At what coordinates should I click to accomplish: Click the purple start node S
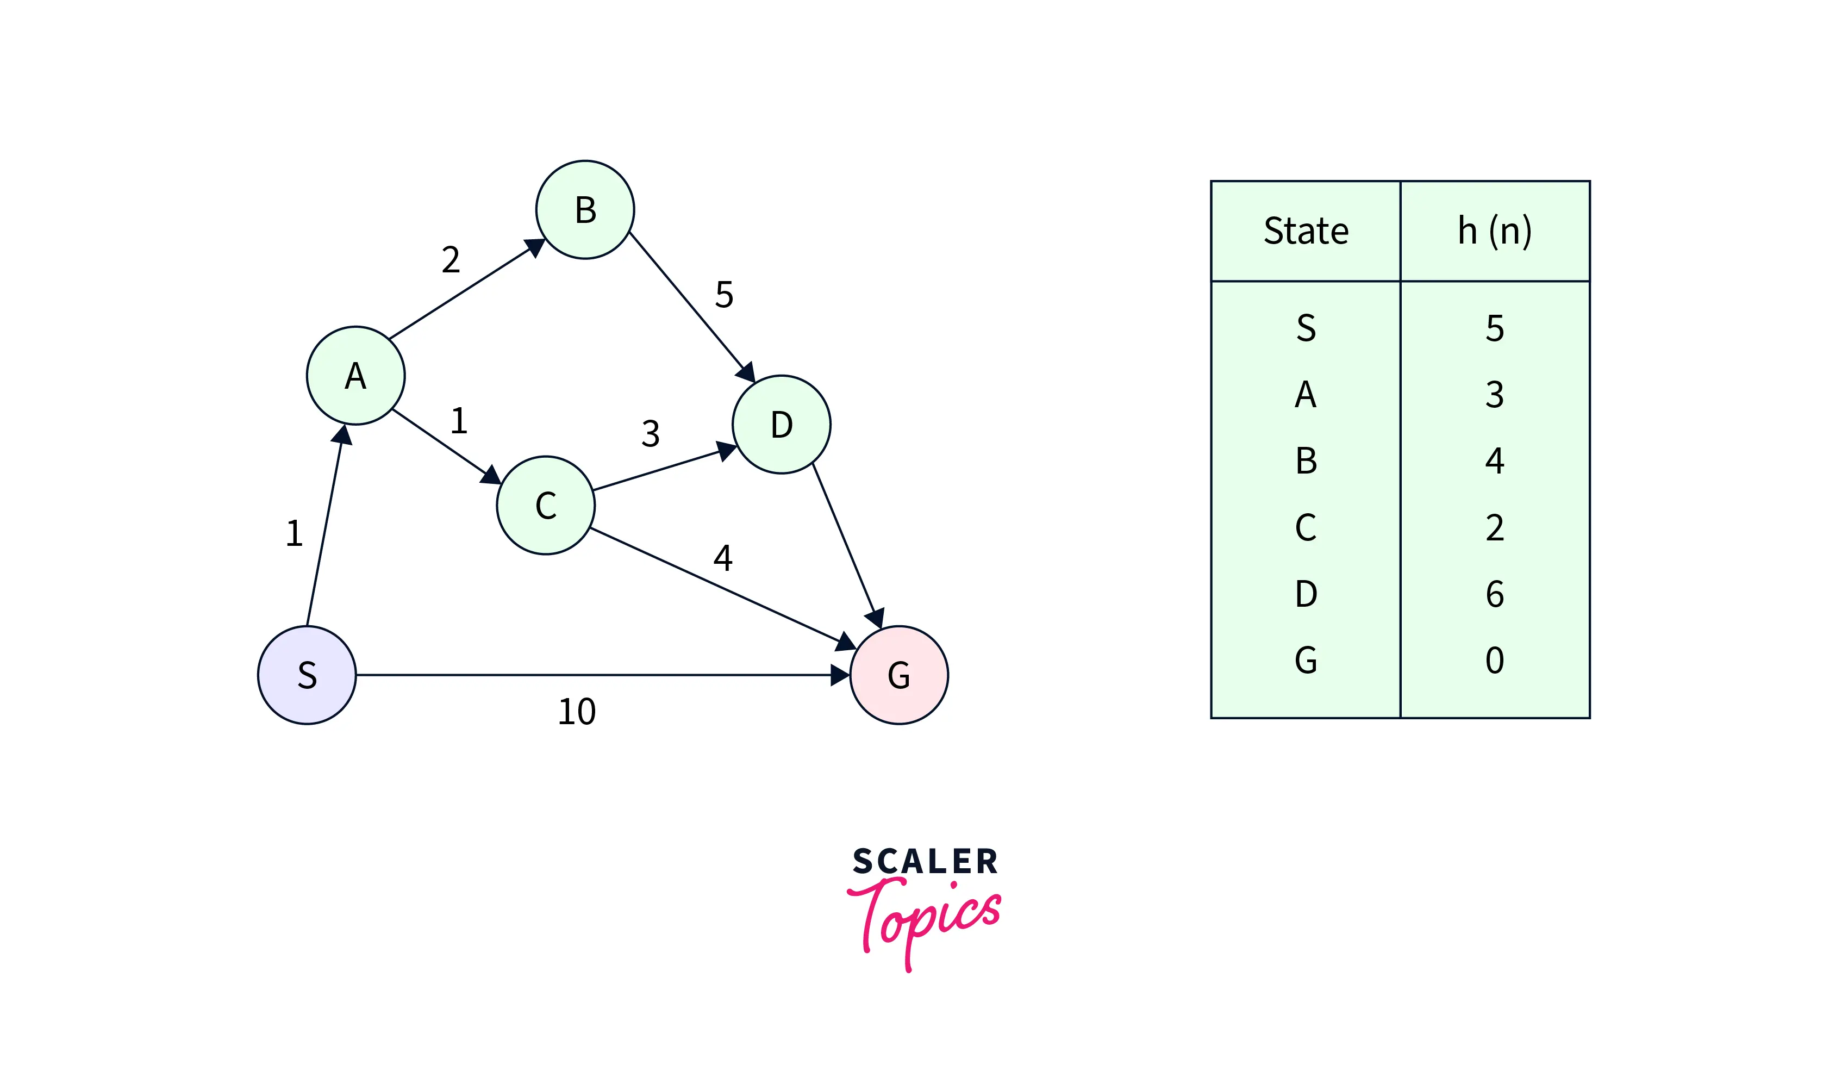tap(307, 675)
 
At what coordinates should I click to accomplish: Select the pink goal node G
tap(899, 675)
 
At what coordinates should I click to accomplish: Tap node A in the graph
tap(355, 376)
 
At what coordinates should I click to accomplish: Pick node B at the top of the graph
tap(585, 210)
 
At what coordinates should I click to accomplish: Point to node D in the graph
tap(782, 425)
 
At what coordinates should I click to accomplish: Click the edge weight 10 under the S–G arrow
tap(577, 712)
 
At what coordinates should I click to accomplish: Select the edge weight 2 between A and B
tap(451, 260)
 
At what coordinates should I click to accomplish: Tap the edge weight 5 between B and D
tap(725, 295)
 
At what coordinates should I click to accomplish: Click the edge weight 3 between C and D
tap(651, 434)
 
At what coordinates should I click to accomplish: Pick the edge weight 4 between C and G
tap(723, 558)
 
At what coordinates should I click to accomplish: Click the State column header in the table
tap(1306, 231)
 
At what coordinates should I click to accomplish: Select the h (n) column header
tap(1495, 231)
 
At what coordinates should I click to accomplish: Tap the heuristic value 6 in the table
tap(1495, 594)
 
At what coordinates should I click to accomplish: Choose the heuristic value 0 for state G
tap(1495, 661)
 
